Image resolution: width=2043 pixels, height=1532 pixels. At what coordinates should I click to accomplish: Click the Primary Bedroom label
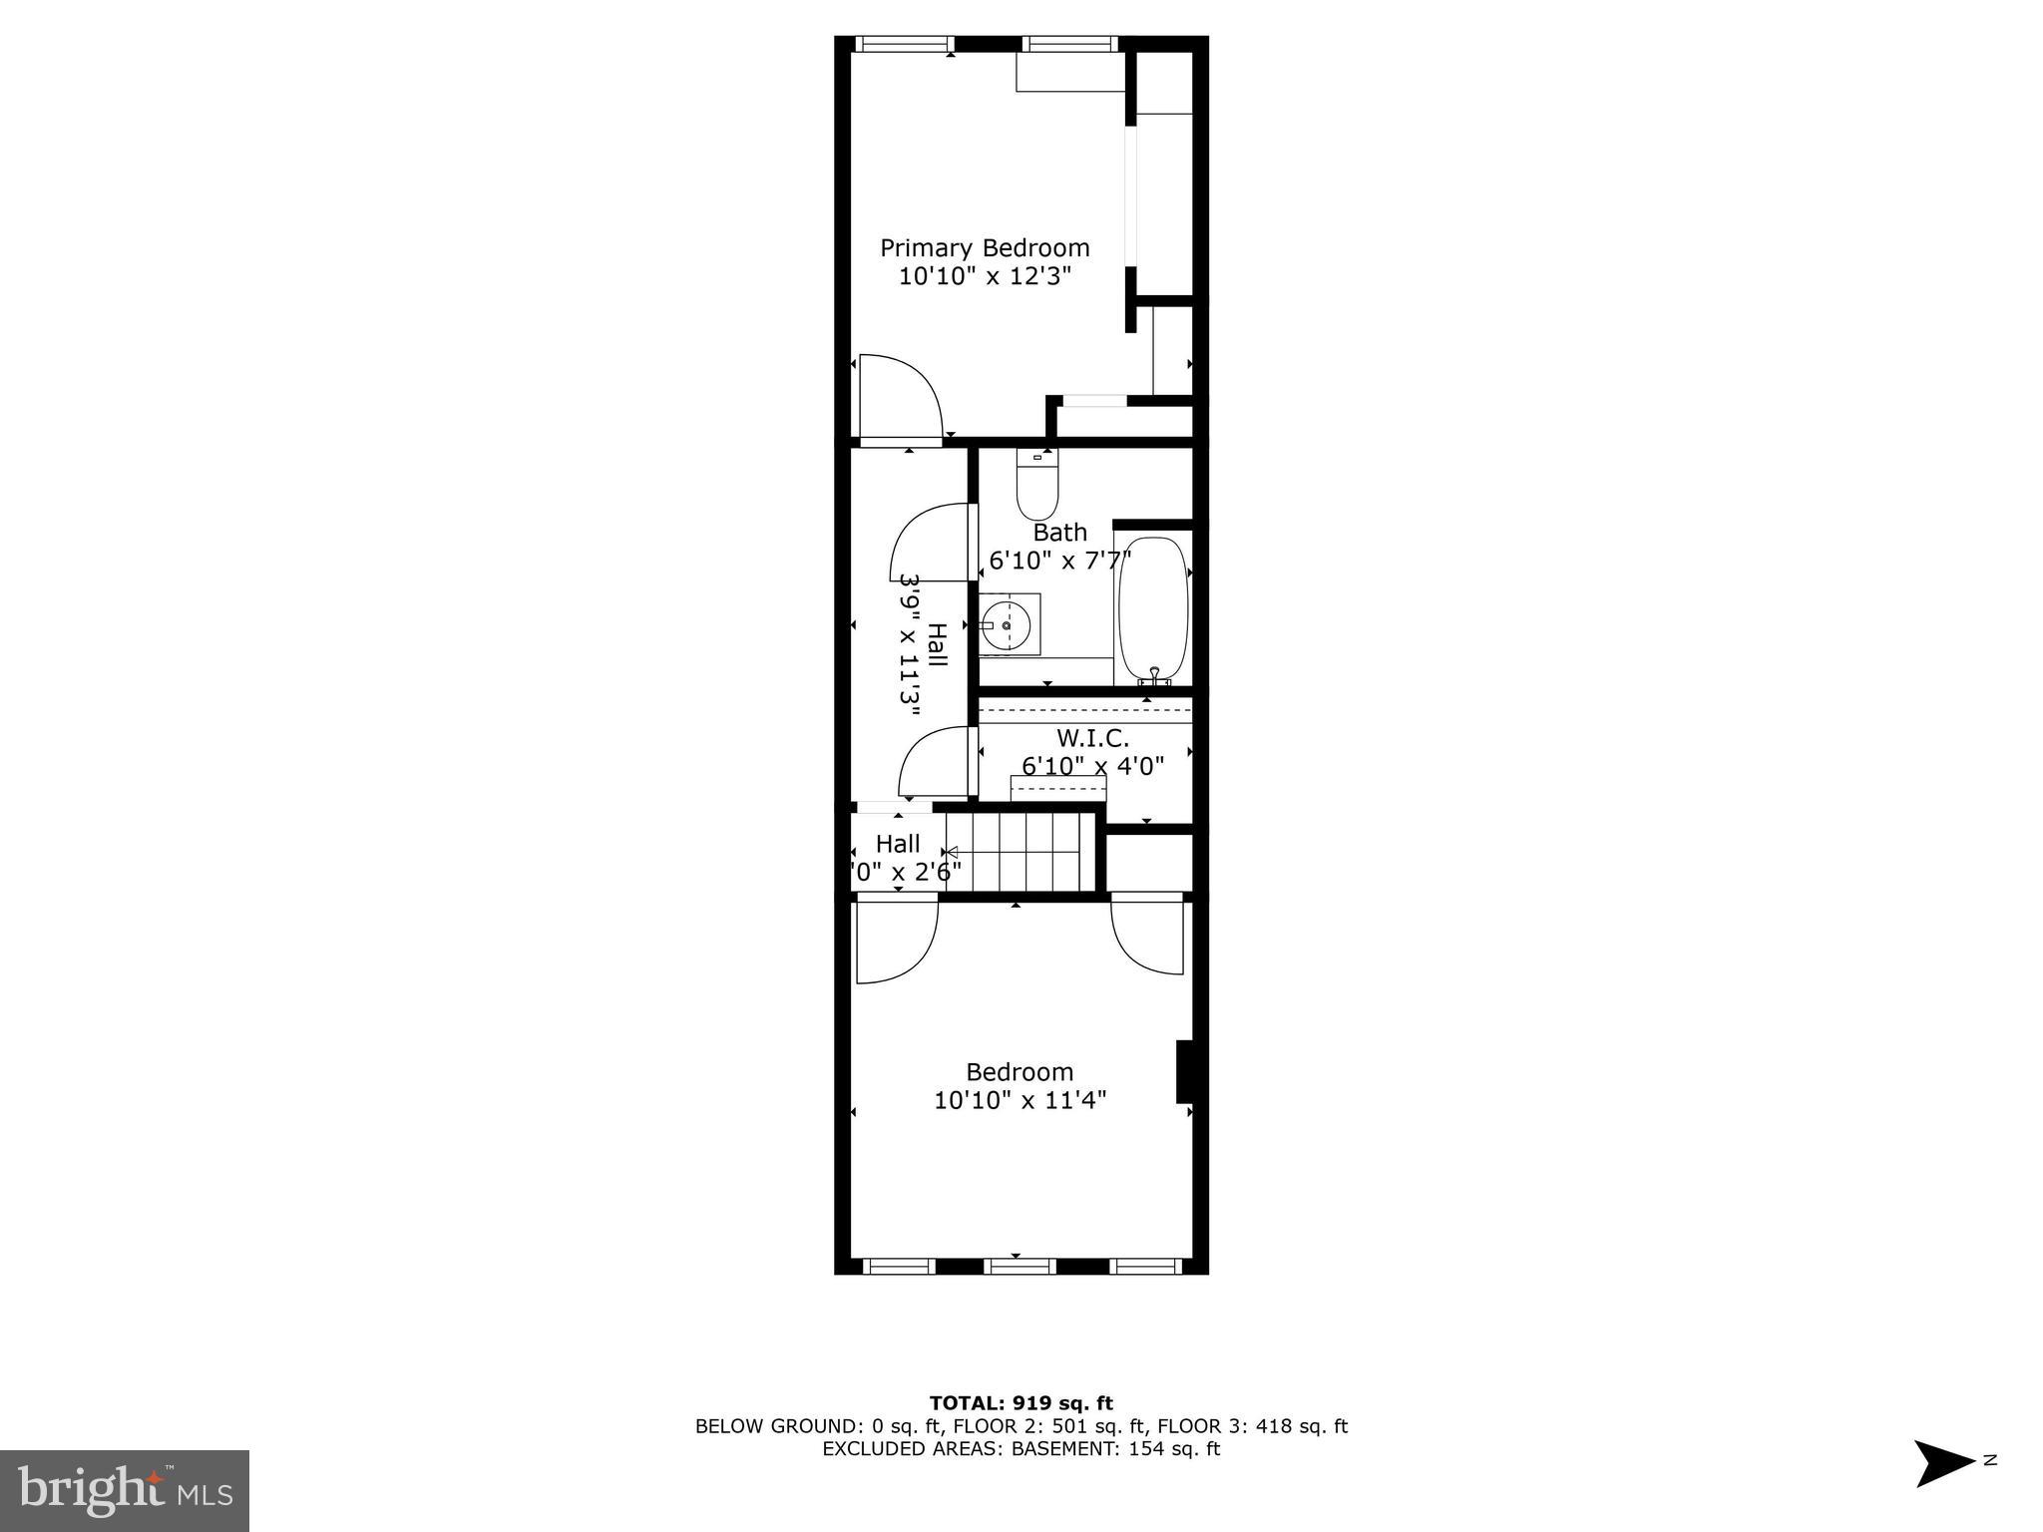click(984, 247)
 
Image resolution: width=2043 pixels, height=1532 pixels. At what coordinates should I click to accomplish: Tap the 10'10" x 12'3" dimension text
click(984, 276)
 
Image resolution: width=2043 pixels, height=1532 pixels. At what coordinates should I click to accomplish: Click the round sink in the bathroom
click(1007, 625)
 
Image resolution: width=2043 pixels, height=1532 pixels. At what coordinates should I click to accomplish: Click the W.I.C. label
click(1092, 739)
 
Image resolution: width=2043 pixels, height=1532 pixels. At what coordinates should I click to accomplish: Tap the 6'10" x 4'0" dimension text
click(1092, 766)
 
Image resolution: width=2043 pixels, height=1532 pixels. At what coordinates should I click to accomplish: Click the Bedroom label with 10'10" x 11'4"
click(1020, 1072)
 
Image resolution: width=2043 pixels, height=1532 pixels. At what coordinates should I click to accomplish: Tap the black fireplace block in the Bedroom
click(1185, 1072)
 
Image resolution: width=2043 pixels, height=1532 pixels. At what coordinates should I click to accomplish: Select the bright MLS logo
click(125, 1491)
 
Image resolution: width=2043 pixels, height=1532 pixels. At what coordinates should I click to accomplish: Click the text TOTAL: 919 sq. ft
click(1021, 1403)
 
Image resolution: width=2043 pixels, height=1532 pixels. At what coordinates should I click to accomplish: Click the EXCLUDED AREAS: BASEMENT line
click(1021, 1449)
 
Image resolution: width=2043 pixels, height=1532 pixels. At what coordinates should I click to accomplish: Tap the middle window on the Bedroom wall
click(1020, 1267)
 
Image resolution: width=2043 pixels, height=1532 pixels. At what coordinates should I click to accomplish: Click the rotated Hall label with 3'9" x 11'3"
click(923, 644)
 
